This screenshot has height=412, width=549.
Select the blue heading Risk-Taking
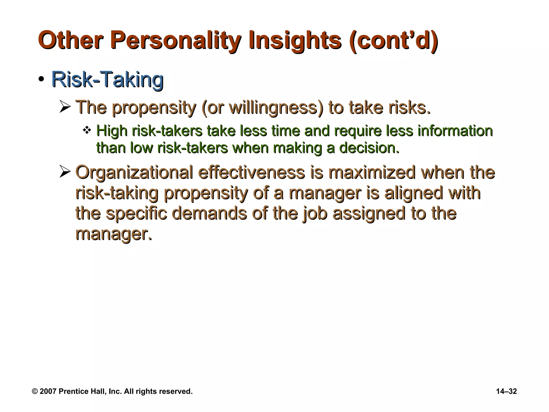107,80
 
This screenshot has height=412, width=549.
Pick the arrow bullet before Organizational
65,172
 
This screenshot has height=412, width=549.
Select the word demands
209,214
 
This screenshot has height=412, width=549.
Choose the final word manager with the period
114,234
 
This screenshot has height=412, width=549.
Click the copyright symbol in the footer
35,391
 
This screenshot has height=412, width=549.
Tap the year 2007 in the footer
48,391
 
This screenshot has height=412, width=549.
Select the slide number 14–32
506,391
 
